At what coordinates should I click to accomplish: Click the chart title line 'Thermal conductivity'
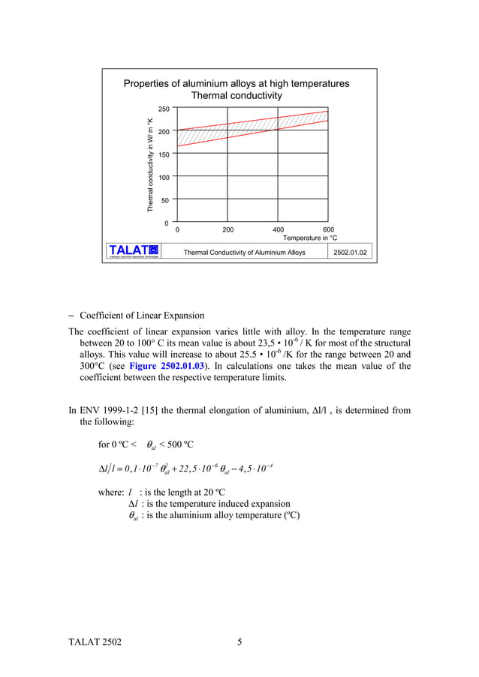236,96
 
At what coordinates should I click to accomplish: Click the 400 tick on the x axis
278,230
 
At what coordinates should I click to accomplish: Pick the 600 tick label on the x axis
328,230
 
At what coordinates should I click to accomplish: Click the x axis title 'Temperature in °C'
309,238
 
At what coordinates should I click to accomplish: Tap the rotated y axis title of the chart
150,165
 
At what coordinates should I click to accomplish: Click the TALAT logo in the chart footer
134,251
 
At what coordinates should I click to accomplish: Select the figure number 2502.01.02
352,253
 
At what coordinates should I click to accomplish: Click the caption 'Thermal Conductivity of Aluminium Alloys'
245,253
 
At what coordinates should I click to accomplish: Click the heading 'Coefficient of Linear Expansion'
142,315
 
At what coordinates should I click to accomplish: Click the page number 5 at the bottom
239,643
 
